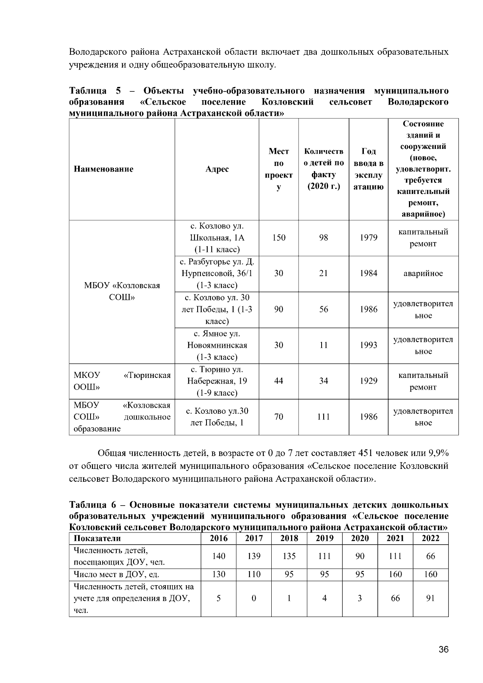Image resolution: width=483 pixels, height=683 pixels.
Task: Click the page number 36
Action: pyautogui.click(x=444, y=650)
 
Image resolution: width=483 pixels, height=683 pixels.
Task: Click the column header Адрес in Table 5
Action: pyautogui.click(x=217, y=169)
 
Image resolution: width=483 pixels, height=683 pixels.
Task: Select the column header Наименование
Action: pyautogui.click(x=103, y=169)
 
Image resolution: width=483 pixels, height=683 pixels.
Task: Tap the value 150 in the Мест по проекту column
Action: pyautogui.click(x=279, y=237)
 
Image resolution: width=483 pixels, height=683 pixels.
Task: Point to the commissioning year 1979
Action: pyautogui.click(x=368, y=237)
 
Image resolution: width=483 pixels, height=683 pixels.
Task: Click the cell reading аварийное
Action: pyautogui.click(x=423, y=274)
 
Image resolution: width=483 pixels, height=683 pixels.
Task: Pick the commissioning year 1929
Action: pyautogui.click(x=368, y=381)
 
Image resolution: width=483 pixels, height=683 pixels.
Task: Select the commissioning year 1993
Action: pyautogui.click(x=368, y=345)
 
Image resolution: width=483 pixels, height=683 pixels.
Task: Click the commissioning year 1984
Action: pyautogui.click(x=368, y=273)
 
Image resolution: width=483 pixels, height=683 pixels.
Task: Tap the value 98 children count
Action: pyautogui.click(x=323, y=237)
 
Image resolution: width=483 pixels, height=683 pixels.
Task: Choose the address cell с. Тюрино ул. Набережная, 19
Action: pyautogui.click(x=217, y=381)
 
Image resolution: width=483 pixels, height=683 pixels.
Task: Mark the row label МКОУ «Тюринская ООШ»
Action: pyautogui.click(x=122, y=381)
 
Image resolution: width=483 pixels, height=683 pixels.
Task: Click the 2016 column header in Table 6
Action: pyautogui.click(x=219, y=539)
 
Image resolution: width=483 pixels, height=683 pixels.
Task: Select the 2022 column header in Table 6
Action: pyautogui.click(x=430, y=539)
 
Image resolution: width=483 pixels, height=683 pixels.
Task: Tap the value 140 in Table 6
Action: pyautogui.click(x=219, y=556)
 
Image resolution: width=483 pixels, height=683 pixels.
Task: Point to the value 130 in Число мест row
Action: pyautogui.click(x=219, y=574)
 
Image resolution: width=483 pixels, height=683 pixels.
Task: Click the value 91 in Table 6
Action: pyautogui.click(x=430, y=598)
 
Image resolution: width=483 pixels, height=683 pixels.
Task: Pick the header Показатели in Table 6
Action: pyautogui.click(x=97, y=539)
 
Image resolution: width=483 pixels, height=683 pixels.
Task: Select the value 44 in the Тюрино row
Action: pyautogui.click(x=279, y=381)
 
